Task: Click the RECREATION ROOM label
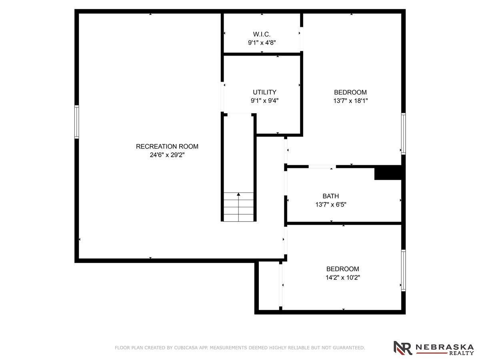pyautogui.click(x=167, y=146)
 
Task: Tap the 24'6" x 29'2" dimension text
pyautogui.click(x=167, y=155)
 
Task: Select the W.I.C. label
pyautogui.click(x=262, y=34)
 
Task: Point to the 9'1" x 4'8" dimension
pyautogui.click(x=262, y=43)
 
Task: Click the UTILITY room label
pyautogui.click(x=264, y=92)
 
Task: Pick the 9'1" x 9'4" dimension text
pyautogui.click(x=264, y=101)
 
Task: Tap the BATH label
pyautogui.click(x=331, y=196)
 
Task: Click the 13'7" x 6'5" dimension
pyautogui.click(x=331, y=204)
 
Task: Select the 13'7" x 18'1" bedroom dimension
pyautogui.click(x=350, y=101)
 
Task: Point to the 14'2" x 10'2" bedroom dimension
pyautogui.click(x=343, y=277)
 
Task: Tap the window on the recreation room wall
pyautogui.click(x=76, y=122)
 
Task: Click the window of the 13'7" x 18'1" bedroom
pyautogui.click(x=403, y=134)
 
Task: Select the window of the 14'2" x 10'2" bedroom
pyautogui.click(x=403, y=270)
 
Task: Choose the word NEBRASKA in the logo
pyautogui.click(x=444, y=347)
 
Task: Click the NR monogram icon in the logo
pyautogui.click(x=402, y=348)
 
